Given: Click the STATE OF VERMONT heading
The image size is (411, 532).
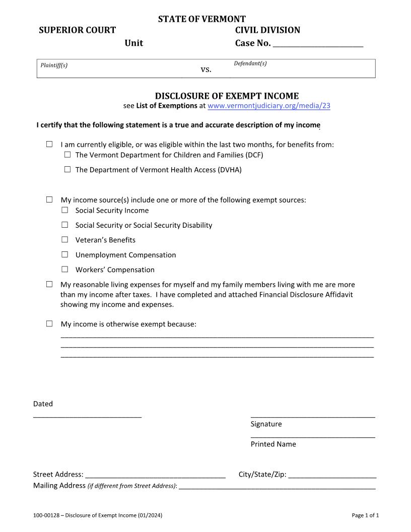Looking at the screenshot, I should tap(201, 20).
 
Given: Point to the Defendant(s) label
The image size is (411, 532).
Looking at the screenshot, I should tap(250, 63).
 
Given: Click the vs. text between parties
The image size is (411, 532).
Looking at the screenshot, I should tap(206, 70).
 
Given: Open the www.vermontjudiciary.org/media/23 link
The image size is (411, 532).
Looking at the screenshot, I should tap(269, 106).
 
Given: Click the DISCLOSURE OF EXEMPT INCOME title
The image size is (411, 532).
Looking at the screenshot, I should tap(227, 96).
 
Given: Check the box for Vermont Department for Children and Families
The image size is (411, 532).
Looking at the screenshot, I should tap(67, 155).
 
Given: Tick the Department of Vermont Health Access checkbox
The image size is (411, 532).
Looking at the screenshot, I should tap(67, 170).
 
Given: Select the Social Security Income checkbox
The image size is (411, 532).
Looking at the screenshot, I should tap(65, 210).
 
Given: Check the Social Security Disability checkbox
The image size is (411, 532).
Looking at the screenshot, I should tap(65, 225).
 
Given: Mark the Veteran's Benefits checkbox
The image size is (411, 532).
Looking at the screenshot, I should tap(65, 240).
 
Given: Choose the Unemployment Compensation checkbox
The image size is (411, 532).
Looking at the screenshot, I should tap(65, 254).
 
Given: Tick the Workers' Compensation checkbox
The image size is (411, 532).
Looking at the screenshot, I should tap(65, 269).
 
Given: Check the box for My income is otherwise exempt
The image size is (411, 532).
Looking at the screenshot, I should tap(49, 323).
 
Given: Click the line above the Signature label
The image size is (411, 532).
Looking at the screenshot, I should tap(312, 416).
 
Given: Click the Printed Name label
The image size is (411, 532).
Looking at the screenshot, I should tap(273, 444).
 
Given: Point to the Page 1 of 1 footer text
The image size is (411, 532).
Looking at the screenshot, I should tap(365, 515).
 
